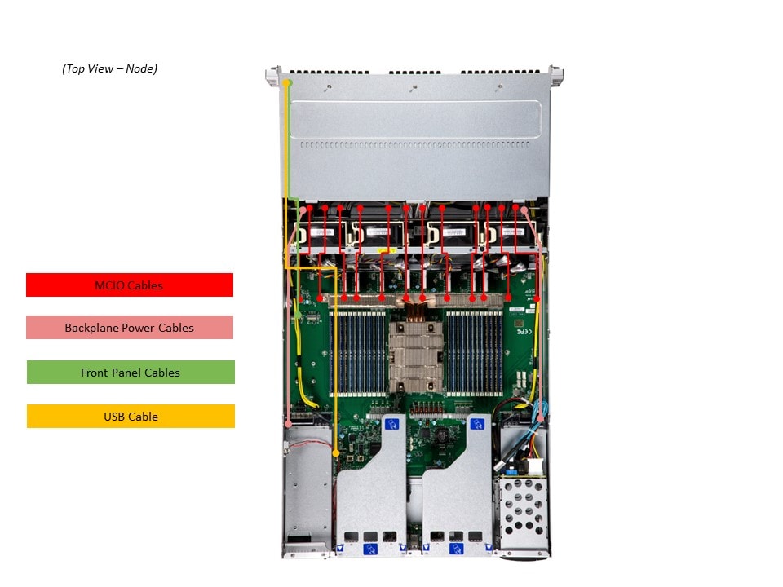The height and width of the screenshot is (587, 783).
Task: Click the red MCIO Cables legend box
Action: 130,285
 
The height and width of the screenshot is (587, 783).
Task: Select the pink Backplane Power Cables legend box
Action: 130,328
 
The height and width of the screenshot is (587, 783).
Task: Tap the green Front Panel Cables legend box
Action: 130,373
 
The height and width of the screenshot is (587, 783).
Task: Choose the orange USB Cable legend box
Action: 130,417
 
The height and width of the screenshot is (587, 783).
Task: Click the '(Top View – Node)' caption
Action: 109,68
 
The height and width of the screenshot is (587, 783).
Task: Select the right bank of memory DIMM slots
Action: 473,351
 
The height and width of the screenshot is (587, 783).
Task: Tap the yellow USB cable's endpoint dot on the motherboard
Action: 336,452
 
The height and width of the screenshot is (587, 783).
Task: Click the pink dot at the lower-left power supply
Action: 290,423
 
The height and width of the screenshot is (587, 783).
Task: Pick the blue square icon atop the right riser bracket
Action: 476,424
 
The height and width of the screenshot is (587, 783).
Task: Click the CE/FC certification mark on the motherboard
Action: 525,332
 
